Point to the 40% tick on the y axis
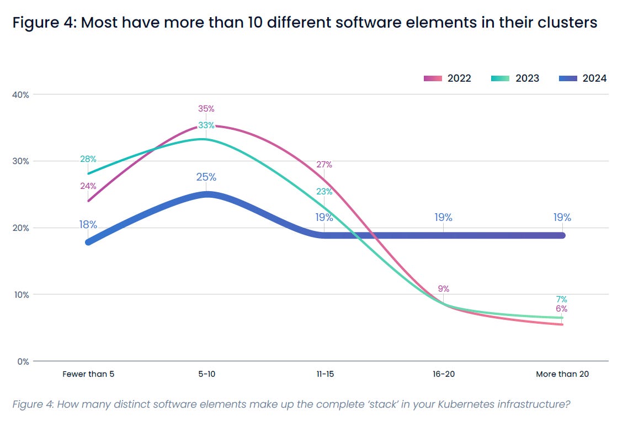[x=21, y=94]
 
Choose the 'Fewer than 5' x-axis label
[x=88, y=374]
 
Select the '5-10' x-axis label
[x=206, y=374]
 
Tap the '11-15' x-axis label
[x=324, y=374]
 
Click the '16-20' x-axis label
[x=443, y=374]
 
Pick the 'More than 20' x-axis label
[x=562, y=374]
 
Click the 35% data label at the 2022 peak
[x=206, y=109]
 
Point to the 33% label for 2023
[x=206, y=125]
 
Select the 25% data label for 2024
[x=206, y=177]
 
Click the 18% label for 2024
[x=88, y=225]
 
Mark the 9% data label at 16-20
[x=444, y=288]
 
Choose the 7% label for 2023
[x=562, y=299]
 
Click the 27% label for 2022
[x=324, y=165]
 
